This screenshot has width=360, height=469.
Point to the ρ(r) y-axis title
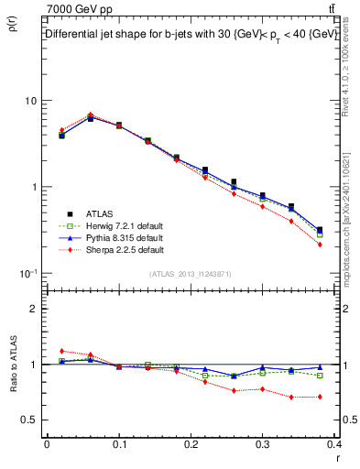pos(12,26)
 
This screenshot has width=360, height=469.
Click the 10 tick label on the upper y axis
pos(30,101)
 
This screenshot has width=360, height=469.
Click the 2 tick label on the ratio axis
pos(34,309)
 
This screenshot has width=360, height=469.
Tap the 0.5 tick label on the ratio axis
pos(30,420)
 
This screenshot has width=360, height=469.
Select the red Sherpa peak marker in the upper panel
pos(91,115)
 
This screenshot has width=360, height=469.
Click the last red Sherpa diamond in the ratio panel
pos(320,397)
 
